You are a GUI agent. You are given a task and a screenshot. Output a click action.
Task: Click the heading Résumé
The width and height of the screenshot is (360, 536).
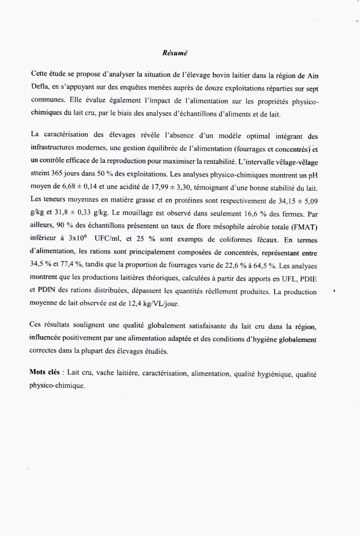(x=175, y=53)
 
